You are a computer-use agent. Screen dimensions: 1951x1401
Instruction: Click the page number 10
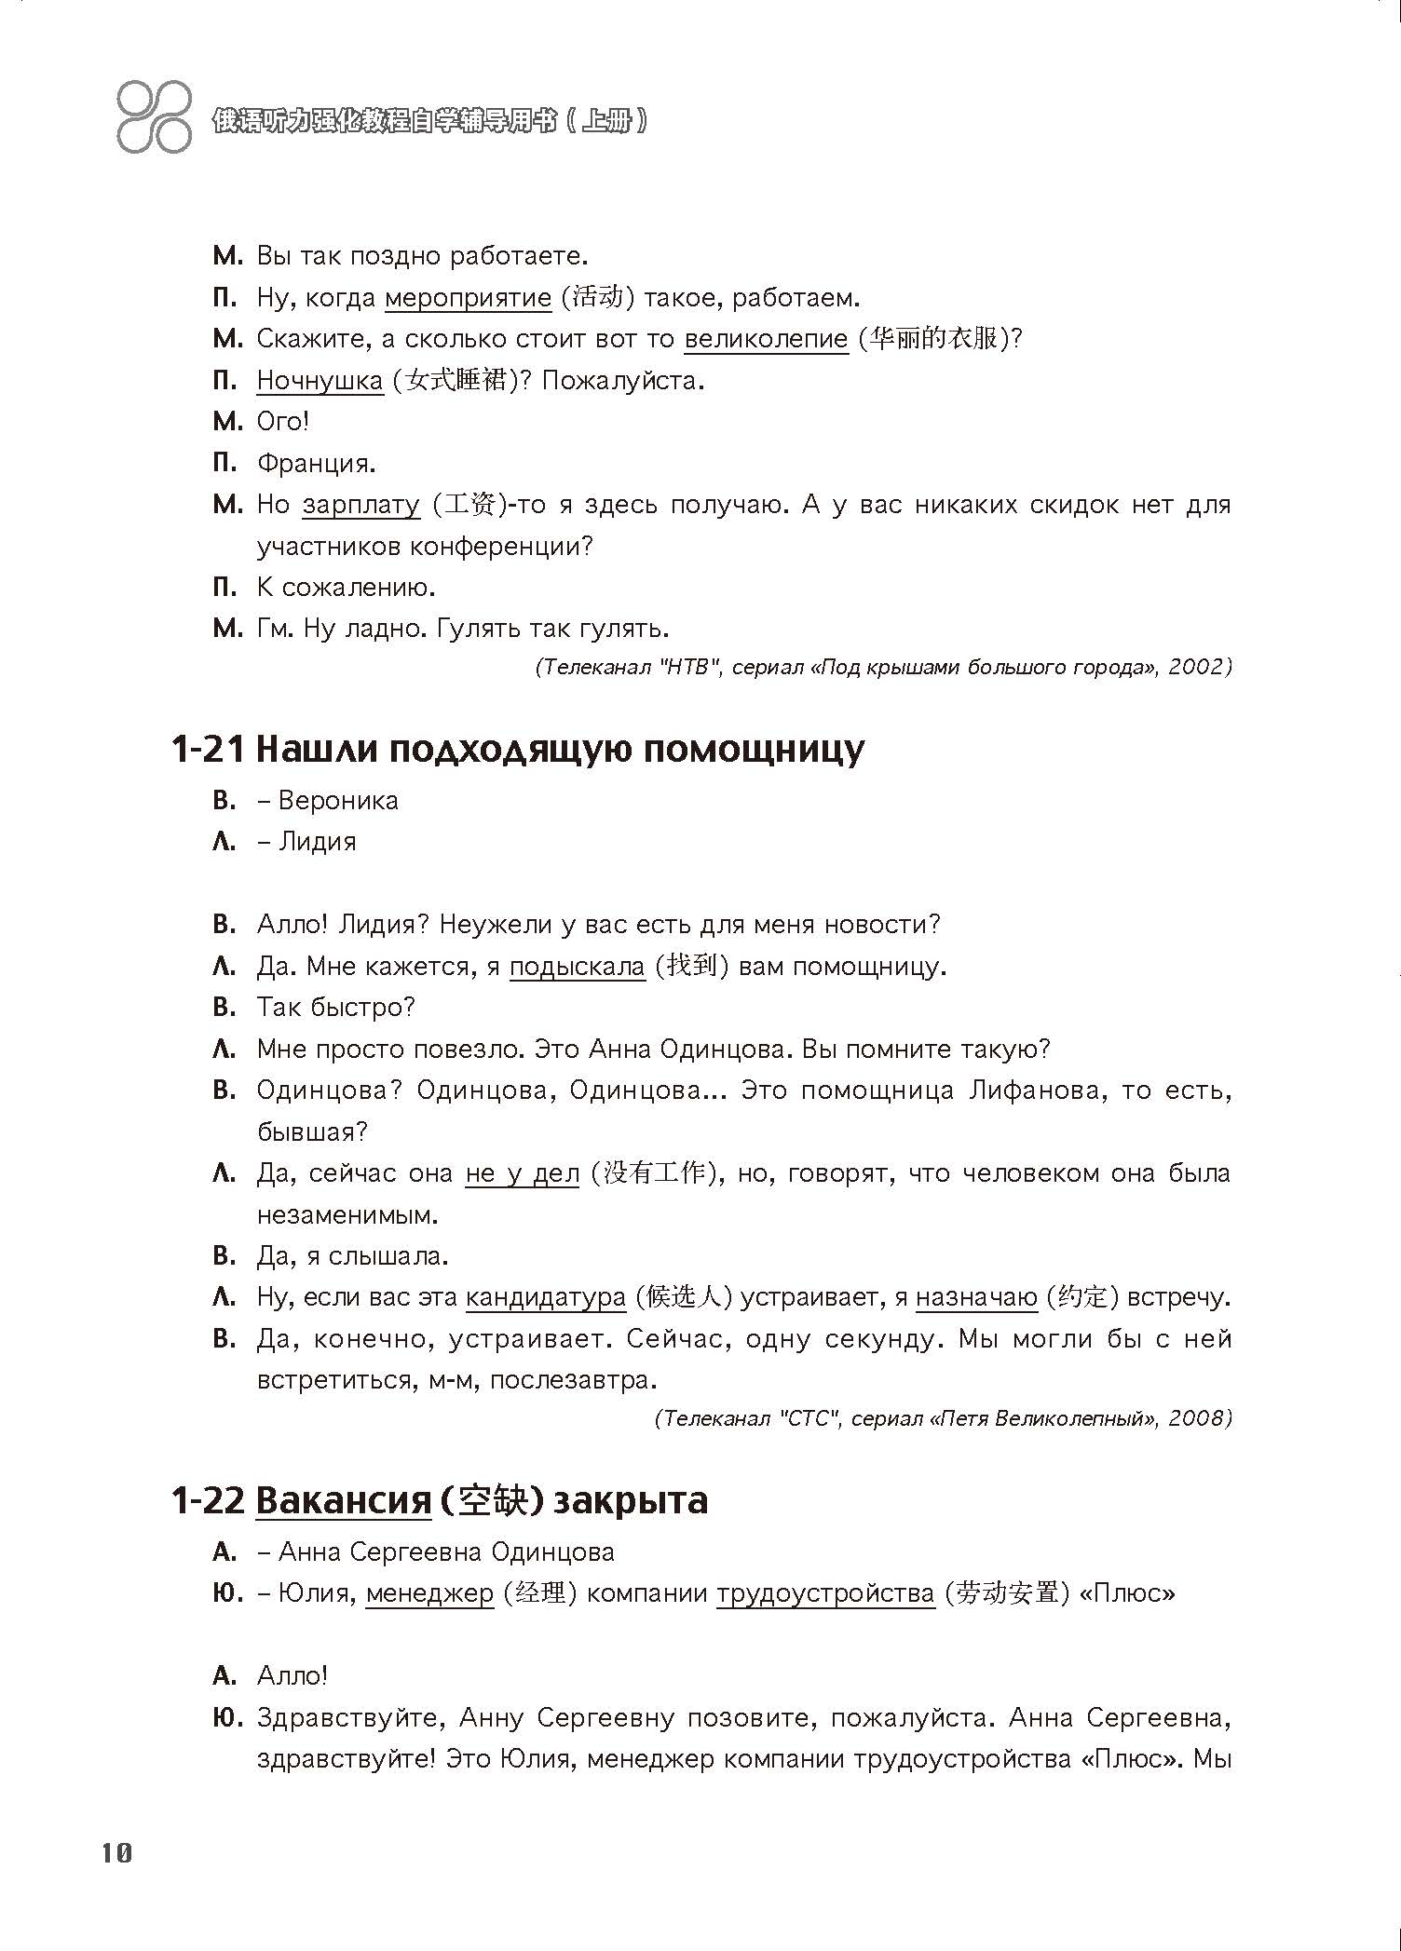click(117, 1853)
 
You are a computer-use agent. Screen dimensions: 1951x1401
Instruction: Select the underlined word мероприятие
click(468, 298)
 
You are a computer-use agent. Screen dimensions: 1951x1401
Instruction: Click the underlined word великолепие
click(766, 339)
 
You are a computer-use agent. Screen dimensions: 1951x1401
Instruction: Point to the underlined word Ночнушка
click(320, 381)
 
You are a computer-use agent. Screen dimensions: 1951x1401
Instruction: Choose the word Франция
click(316, 463)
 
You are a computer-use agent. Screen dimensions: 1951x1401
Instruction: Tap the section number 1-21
click(207, 750)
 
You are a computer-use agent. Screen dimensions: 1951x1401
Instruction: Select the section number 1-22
click(207, 1501)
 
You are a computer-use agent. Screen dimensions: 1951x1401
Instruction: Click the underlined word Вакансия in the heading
click(343, 1501)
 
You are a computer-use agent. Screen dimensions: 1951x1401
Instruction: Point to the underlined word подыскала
click(577, 967)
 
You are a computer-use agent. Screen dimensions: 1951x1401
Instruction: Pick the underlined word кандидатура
click(546, 1297)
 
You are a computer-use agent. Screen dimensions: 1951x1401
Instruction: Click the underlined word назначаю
click(976, 1297)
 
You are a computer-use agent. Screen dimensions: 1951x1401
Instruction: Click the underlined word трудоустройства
click(825, 1593)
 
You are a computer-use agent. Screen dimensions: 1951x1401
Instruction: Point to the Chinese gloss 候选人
click(683, 1297)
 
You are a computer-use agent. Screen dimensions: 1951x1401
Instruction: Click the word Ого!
click(282, 422)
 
